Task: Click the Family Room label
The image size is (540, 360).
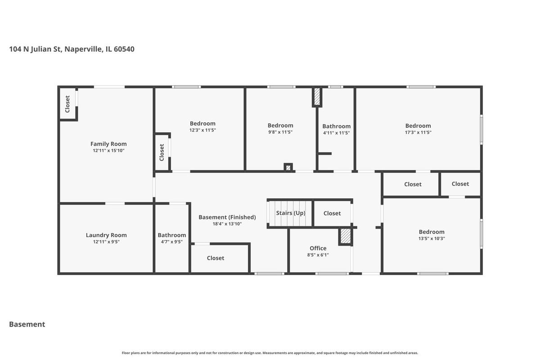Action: tap(108, 144)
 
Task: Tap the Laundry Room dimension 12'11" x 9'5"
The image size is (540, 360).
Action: tap(106, 242)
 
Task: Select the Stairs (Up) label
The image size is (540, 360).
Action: tap(291, 213)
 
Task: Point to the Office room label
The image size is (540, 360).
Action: tap(318, 248)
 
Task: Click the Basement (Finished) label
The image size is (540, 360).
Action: tap(227, 217)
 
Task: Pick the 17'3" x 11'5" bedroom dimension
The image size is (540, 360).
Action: tap(418, 132)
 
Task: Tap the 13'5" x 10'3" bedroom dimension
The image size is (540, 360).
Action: tap(432, 238)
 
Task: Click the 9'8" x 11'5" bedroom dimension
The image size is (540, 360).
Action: tap(280, 132)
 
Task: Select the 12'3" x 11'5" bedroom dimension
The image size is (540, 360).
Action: tap(202, 130)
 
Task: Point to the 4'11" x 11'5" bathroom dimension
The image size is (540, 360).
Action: tap(336, 133)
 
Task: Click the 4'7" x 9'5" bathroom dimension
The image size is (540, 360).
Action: tap(171, 242)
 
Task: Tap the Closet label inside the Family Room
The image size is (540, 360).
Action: tap(67, 104)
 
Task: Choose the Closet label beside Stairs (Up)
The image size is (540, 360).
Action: tap(332, 213)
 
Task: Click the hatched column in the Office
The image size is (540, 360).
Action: tap(346, 236)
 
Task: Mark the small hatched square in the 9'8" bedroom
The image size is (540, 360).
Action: tap(288, 167)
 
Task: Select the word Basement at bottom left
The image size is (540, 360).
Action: tap(27, 324)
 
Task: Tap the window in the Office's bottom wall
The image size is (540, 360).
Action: tap(332, 274)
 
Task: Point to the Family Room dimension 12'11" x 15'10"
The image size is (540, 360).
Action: tap(108, 151)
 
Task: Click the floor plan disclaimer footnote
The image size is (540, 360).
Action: tap(270, 353)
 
